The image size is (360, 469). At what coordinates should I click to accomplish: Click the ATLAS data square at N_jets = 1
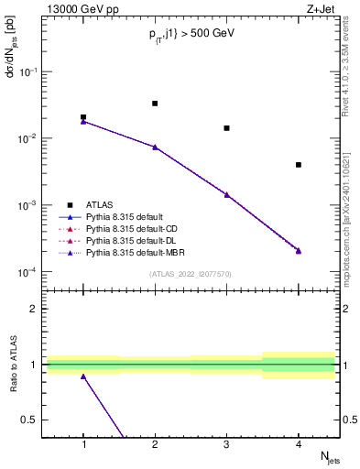click(x=83, y=117)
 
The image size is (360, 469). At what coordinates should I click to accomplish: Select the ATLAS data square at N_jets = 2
click(x=155, y=104)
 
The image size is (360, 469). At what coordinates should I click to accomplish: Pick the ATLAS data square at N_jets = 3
click(x=226, y=128)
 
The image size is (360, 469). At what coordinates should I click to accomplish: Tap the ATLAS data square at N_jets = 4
click(x=299, y=165)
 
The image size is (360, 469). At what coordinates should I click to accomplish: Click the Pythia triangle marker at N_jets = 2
click(x=155, y=147)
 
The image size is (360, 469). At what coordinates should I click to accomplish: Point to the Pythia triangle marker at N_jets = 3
click(x=226, y=194)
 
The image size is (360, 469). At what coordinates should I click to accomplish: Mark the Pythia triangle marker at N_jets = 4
click(x=299, y=250)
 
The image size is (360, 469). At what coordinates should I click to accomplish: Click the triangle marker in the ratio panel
click(x=83, y=376)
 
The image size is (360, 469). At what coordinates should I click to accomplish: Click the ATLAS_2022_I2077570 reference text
click(x=191, y=273)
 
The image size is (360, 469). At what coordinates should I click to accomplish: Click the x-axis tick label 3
click(x=226, y=444)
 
